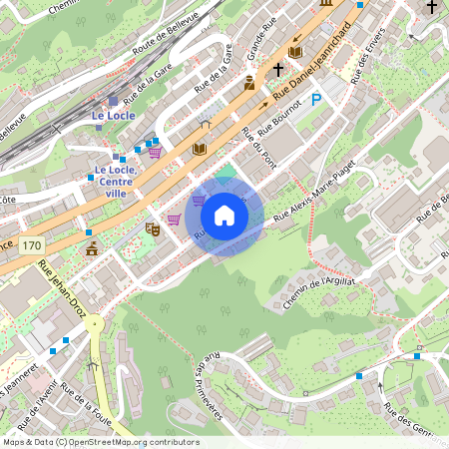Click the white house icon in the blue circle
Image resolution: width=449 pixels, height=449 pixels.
pyautogui.click(x=224, y=215)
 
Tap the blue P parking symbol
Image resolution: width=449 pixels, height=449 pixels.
pyautogui.click(x=316, y=100)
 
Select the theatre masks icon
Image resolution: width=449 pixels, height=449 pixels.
pyautogui.click(x=153, y=228)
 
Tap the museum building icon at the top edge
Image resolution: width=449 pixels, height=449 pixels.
pyautogui.click(x=326, y=4)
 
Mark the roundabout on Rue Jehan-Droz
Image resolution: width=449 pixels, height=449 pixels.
pyautogui.click(x=93, y=324)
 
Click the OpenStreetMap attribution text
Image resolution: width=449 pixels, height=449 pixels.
pyautogui.click(x=101, y=442)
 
